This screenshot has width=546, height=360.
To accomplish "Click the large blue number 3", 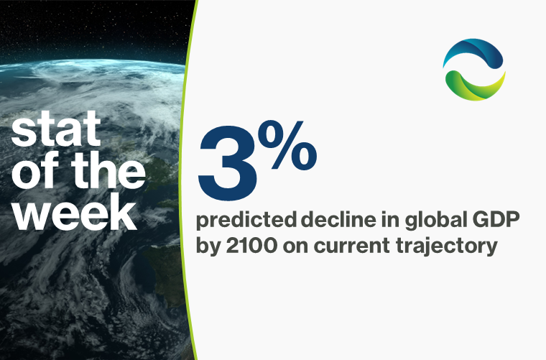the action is [x=228, y=163].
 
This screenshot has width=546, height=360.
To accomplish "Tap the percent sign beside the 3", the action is [x=290, y=145].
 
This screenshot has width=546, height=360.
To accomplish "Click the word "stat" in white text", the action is [x=57, y=129].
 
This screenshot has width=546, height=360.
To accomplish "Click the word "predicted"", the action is [x=246, y=221].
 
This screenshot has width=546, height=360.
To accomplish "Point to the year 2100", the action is [x=251, y=246].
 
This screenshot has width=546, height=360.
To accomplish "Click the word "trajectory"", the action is [x=447, y=247].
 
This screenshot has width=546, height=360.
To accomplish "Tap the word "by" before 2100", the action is [x=208, y=247].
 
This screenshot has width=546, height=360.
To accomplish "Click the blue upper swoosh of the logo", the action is [x=474, y=52].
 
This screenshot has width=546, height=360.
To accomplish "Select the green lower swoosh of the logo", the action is [x=474, y=86].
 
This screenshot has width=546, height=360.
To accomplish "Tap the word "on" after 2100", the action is [x=295, y=247].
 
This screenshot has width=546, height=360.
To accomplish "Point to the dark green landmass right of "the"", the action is [x=162, y=174].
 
